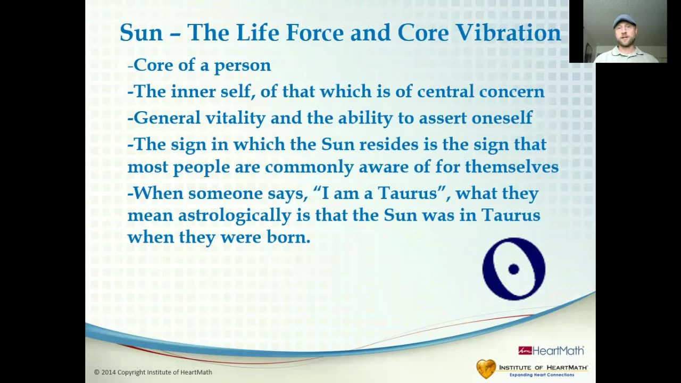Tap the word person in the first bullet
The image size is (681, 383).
click(242, 66)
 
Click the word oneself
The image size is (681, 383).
click(502, 118)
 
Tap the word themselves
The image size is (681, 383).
click(512, 166)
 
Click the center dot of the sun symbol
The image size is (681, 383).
click(513, 269)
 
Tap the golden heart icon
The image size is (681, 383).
click(486, 369)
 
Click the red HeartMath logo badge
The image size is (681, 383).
click(525, 351)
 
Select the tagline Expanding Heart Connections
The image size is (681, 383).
click(542, 375)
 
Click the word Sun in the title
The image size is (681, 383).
click(142, 32)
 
